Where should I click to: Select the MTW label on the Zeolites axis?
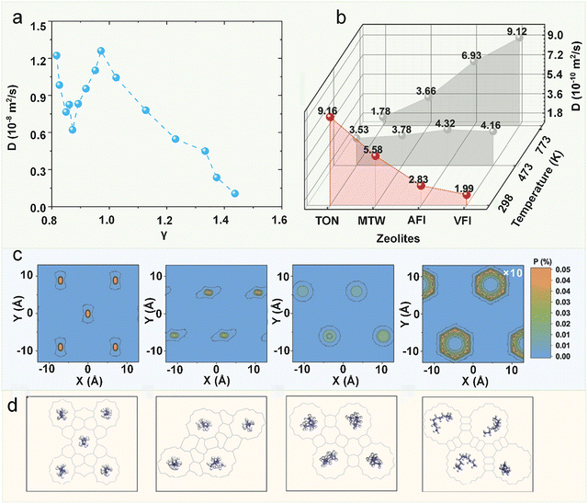click(375, 221)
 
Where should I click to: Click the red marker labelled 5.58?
click(375, 156)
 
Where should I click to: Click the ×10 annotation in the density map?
click(512, 275)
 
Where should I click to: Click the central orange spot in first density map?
click(87, 314)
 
